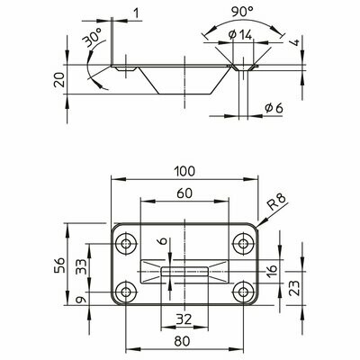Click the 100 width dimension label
pyautogui.click(x=184, y=171)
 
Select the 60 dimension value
pyautogui.click(x=184, y=193)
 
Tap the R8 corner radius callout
pyautogui.click(x=277, y=202)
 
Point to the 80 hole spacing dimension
pyautogui.click(x=182, y=341)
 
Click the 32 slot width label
pyautogui.click(x=184, y=319)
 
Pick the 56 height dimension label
pyautogui.click(x=59, y=265)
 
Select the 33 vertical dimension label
pyautogui.click(x=81, y=266)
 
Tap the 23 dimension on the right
pyautogui.click(x=295, y=288)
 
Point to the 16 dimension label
pyautogui.click(x=272, y=271)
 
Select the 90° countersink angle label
pyautogui.click(x=242, y=12)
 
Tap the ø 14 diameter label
pyautogui.click(x=240, y=35)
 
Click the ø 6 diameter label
pyautogui.click(x=274, y=108)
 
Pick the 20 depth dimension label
pyautogui.click(x=59, y=79)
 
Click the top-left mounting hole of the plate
pyautogui.click(x=126, y=244)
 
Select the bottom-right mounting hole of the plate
pyautogui.click(x=243, y=292)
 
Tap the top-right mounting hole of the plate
pyautogui.click(x=243, y=244)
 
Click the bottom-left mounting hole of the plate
pyautogui.click(x=126, y=292)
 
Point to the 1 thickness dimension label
pyautogui.click(x=137, y=13)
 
